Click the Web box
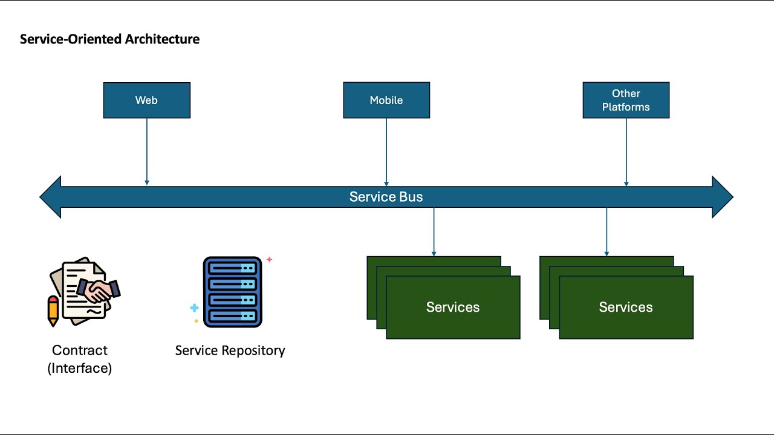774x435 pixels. tap(146, 100)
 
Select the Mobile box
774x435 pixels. tap(386, 100)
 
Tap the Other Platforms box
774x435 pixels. tap(626, 100)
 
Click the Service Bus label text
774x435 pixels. tap(386, 197)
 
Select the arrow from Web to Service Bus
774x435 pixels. tap(147, 151)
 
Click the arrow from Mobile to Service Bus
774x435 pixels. tap(386, 151)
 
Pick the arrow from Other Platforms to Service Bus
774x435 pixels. tap(626, 151)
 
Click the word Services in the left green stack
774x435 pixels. tap(452, 307)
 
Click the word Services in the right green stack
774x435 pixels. tap(625, 307)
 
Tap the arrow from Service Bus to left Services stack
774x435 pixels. tap(434, 232)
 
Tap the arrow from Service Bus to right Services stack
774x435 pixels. tap(607, 232)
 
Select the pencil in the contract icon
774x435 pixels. tap(53, 311)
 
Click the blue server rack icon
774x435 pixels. tap(232, 292)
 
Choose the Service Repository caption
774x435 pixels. tap(230, 350)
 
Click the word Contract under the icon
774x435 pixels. tap(79, 350)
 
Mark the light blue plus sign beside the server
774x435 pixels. tap(194, 308)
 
